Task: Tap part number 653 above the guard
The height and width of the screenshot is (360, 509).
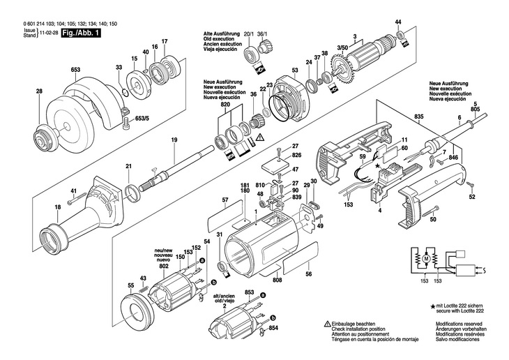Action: tap(75, 70)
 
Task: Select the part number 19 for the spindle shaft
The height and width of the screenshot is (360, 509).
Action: tap(174, 140)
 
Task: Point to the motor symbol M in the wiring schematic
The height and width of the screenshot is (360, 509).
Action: tap(426, 259)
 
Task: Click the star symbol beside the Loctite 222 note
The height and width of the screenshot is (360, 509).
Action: tap(433, 306)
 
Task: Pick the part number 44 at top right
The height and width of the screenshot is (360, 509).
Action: tap(398, 22)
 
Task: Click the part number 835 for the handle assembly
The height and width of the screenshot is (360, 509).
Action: tap(419, 117)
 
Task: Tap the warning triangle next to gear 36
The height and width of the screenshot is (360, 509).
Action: tap(259, 137)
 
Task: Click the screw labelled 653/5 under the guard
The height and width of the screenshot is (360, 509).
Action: tap(127, 123)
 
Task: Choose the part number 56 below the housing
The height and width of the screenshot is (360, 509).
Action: tap(309, 274)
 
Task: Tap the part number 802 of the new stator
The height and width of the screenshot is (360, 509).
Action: tap(165, 266)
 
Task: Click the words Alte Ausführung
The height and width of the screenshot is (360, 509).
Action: tap(222, 33)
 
